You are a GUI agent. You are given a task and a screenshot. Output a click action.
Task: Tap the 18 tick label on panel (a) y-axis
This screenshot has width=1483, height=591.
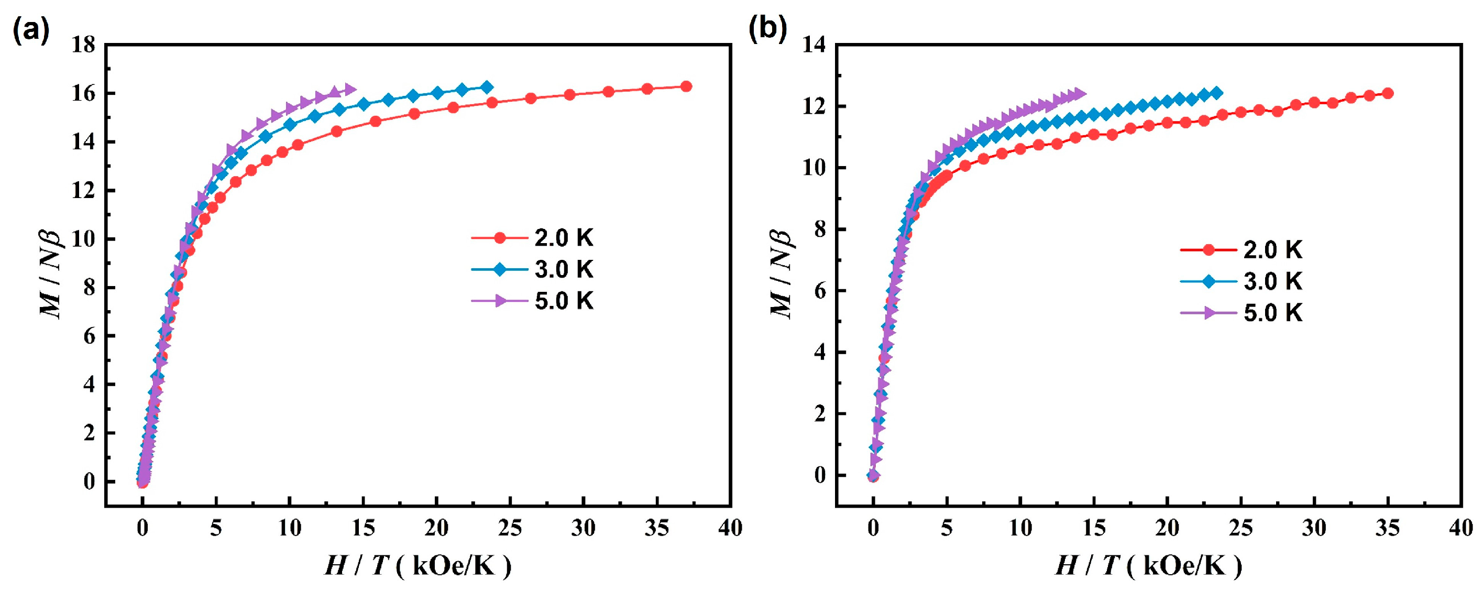tap(83, 45)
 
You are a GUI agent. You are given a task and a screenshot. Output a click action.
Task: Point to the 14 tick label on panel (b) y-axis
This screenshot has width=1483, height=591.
tap(815, 45)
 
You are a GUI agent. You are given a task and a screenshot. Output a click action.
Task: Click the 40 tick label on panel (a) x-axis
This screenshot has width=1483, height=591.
tap(730, 528)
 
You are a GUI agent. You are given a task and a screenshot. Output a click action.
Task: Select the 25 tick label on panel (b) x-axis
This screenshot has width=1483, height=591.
tap(1240, 528)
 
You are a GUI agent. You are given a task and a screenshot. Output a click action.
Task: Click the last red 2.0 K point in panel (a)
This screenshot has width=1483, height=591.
tap(686, 86)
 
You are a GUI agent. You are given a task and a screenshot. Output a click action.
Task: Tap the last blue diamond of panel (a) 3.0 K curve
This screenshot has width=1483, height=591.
tap(487, 87)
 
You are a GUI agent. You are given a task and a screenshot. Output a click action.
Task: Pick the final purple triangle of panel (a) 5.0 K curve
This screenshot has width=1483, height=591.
tap(349, 89)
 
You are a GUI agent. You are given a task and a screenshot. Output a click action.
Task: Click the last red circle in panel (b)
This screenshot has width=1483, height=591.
tap(1388, 93)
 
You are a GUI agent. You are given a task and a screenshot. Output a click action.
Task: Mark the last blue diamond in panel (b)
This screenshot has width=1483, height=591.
tap(1216, 93)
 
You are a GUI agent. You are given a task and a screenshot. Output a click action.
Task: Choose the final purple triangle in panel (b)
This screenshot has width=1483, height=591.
tap(1080, 94)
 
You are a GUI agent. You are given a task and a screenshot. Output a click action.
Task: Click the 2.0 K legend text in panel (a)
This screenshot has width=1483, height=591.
tap(564, 238)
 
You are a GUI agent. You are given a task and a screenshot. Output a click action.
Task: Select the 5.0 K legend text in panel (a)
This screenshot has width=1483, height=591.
tap(564, 301)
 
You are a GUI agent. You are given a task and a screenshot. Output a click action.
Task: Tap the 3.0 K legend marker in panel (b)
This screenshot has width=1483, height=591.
tap(1209, 282)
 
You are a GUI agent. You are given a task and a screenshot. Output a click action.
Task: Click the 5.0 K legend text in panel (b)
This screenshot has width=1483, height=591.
tap(1273, 313)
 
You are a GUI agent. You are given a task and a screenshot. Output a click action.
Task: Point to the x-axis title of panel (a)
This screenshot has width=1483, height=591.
tap(418, 566)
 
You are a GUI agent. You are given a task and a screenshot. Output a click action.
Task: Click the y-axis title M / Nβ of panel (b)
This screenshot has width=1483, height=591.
tap(782, 273)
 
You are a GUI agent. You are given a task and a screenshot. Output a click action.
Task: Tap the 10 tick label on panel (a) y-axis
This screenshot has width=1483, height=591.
tap(83, 239)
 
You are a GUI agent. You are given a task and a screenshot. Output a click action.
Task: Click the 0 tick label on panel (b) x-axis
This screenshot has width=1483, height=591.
tap(873, 528)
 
